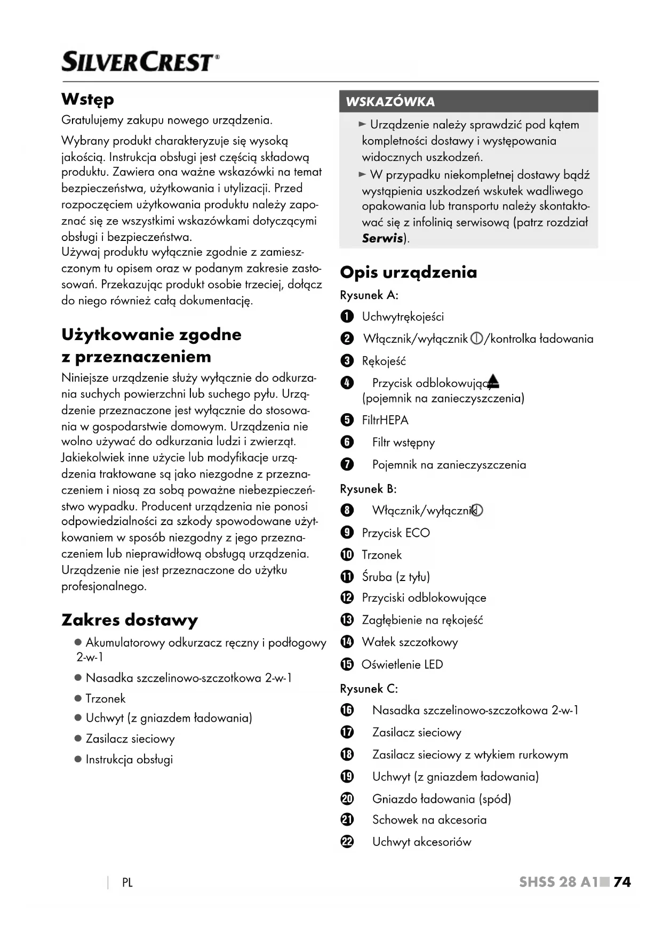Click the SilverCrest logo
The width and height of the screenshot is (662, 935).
coord(140,62)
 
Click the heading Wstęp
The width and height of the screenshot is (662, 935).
coord(88,99)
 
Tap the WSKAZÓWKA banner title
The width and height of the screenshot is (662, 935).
coord(390,102)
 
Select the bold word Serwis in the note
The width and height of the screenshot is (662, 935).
coord(382,238)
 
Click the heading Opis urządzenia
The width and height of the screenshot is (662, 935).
coord(409,272)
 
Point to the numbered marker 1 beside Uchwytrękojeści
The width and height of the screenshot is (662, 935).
coord(347,317)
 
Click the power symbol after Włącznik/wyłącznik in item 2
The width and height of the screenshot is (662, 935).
coord(476,339)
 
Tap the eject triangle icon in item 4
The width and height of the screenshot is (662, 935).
coord(493,381)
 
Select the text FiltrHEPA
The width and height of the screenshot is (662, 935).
coord(385,420)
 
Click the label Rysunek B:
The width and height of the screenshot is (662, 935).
coord(368,489)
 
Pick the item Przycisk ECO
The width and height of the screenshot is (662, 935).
coord(396,533)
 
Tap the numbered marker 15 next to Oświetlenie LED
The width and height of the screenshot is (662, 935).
coord(347,665)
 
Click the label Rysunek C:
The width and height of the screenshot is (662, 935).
coord(369,689)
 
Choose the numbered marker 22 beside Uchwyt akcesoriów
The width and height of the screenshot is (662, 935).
coord(347,842)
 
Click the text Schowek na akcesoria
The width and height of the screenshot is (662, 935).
coord(429,820)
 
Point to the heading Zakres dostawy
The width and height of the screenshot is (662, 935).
coord(130,620)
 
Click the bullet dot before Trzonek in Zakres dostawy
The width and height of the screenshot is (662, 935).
coord(78,698)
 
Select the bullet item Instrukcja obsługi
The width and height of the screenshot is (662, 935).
coord(129,760)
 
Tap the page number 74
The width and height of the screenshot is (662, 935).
coord(622,882)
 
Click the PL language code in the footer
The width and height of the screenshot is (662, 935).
coord(127,883)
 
